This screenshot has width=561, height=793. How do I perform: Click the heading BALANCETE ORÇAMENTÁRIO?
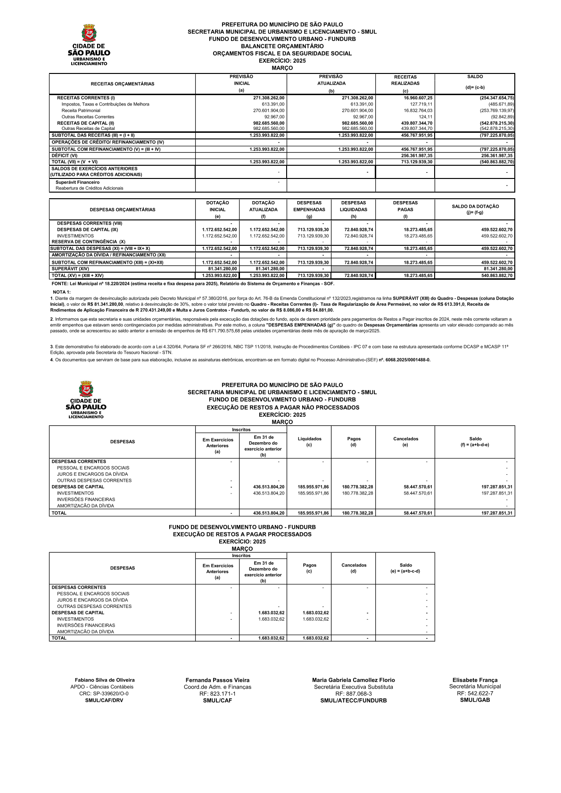[x=282, y=46]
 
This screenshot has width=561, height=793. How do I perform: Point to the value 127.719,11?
[x=421, y=104]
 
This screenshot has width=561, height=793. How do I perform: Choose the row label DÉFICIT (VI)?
[x=65, y=155]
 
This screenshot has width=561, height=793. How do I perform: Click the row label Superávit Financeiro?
[x=77, y=182]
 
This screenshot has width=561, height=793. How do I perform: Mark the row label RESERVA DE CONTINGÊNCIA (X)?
[x=88, y=242]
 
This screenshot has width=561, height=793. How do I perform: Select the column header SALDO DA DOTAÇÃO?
[x=475, y=207]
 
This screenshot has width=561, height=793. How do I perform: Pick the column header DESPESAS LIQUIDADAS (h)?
[x=353, y=210]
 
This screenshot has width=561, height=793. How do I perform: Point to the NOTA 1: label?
[x=62, y=292]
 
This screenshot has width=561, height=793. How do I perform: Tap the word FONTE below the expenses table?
[x=59, y=284]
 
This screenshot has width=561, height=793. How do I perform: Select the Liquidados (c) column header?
[x=309, y=442]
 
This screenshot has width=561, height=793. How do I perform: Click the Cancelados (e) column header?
[x=405, y=442]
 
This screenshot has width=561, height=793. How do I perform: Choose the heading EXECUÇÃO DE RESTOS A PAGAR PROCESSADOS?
[x=242, y=534]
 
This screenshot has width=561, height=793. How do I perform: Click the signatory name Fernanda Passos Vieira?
[x=217, y=680]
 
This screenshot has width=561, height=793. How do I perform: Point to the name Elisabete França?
[x=475, y=680]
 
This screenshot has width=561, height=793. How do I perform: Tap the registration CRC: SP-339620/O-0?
[x=104, y=694]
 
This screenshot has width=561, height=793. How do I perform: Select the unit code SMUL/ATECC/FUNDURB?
[x=353, y=701]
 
